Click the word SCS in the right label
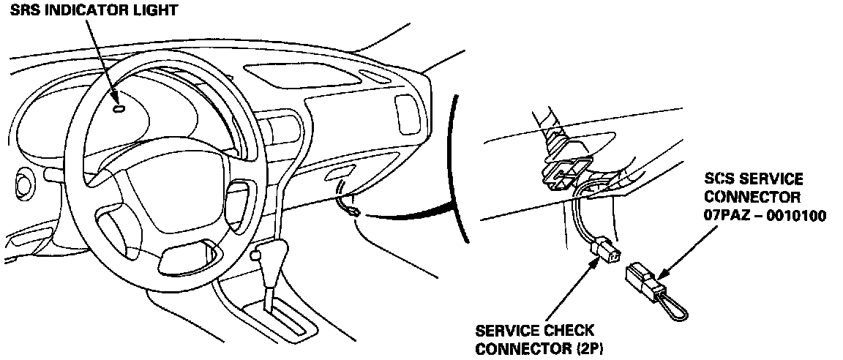[721, 179]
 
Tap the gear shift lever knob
[257, 255]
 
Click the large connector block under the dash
[563, 173]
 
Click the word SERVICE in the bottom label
[505, 331]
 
